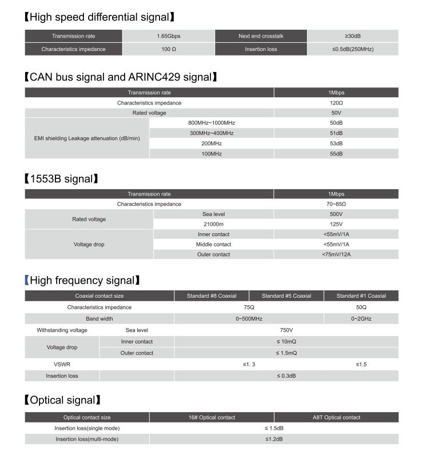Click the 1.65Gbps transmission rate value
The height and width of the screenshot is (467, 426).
169,36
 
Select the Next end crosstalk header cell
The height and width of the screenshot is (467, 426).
261,36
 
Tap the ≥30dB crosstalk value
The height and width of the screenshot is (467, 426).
352,36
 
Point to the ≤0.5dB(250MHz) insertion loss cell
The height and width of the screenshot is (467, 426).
352,49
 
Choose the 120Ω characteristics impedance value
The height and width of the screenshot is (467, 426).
336,103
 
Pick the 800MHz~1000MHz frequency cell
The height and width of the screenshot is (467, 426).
211,123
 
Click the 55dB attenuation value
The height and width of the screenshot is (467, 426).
336,154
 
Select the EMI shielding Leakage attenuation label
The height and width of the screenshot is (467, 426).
87,138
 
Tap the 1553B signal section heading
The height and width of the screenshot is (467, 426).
61,179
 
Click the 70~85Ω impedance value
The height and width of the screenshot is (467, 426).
336,204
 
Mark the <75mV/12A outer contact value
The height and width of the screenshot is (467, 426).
336,254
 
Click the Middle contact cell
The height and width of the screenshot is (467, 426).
213,244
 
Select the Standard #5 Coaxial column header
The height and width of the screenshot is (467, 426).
286,296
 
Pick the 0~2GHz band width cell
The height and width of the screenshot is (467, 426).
361,318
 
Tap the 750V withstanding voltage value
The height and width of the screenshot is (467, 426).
286,330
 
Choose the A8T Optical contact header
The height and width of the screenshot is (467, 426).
336,417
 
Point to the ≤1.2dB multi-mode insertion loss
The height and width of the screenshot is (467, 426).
274,439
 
